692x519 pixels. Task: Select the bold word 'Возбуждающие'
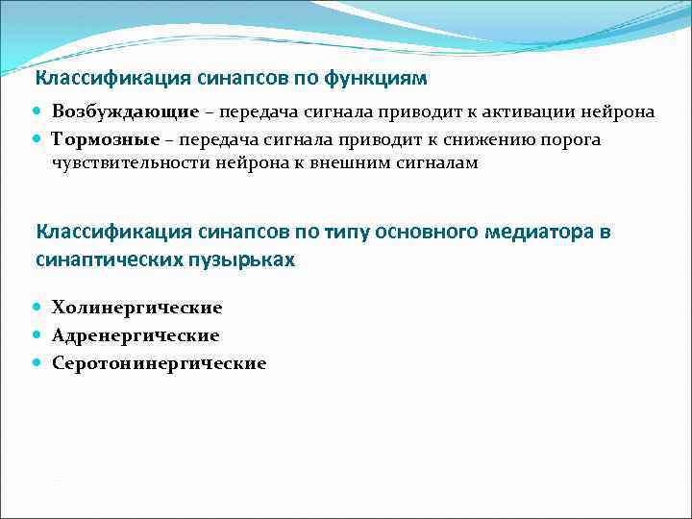click(x=126, y=112)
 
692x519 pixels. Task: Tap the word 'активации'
click(x=546, y=112)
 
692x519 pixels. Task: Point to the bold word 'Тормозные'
click(x=105, y=140)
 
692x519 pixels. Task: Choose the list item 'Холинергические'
click(x=136, y=309)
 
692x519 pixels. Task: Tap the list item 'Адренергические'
click(x=136, y=336)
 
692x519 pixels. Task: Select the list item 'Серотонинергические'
click(x=159, y=364)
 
